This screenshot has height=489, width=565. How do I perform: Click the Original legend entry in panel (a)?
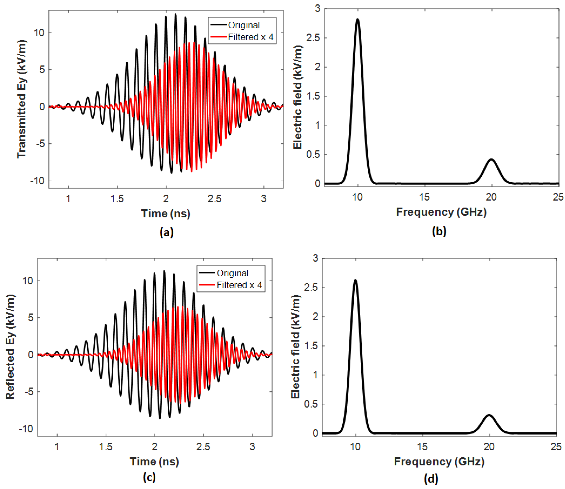click(243, 25)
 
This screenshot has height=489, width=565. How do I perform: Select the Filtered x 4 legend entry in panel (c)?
click(239, 285)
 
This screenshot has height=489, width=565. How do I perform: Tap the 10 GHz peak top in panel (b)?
click(357, 20)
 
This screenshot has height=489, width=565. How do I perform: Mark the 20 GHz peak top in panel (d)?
click(489, 415)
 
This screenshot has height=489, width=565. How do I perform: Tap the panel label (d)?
click(431, 478)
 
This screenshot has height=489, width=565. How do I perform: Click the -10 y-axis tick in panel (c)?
click(26, 429)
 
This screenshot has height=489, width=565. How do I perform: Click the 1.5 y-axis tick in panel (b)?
click(313, 96)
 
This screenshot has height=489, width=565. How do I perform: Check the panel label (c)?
click(149, 477)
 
